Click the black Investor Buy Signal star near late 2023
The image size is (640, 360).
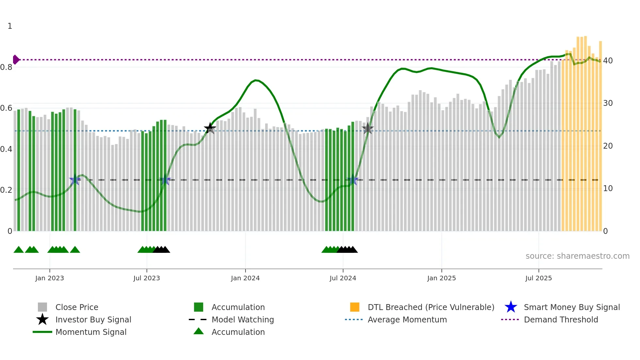pos(210,128)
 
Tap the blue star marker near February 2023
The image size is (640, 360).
pos(75,180)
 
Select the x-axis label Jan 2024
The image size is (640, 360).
pos(245,278)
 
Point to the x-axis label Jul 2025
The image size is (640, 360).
pos(538,278)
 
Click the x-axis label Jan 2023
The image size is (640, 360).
pos(50,278)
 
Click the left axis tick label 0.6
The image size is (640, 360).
pos(6,108)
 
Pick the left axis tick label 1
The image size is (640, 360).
pos(10,26)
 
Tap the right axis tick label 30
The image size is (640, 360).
pos(608,103)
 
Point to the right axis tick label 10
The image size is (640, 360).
pos(608,188)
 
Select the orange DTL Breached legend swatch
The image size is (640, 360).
pos(355,307)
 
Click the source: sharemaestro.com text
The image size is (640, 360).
pos(577,256)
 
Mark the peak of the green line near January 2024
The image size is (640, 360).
pos(256,80)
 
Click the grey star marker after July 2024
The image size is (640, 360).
pos(368,129)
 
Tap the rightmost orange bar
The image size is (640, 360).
pos(600,137)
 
